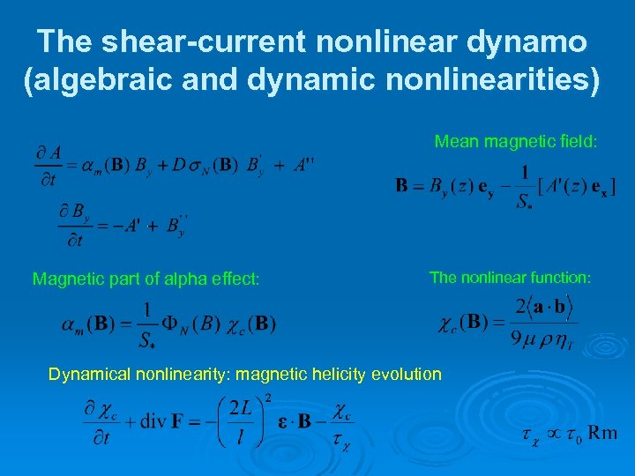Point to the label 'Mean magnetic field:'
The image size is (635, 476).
pyautogui.click(x=516, y=141)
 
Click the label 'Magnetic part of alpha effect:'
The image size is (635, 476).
pyautogui.click(x=146, y=279)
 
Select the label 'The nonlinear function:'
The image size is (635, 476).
pyautogui.click(x=510, y=278)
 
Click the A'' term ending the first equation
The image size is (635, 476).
pyautogui.click(x=303, y=164)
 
